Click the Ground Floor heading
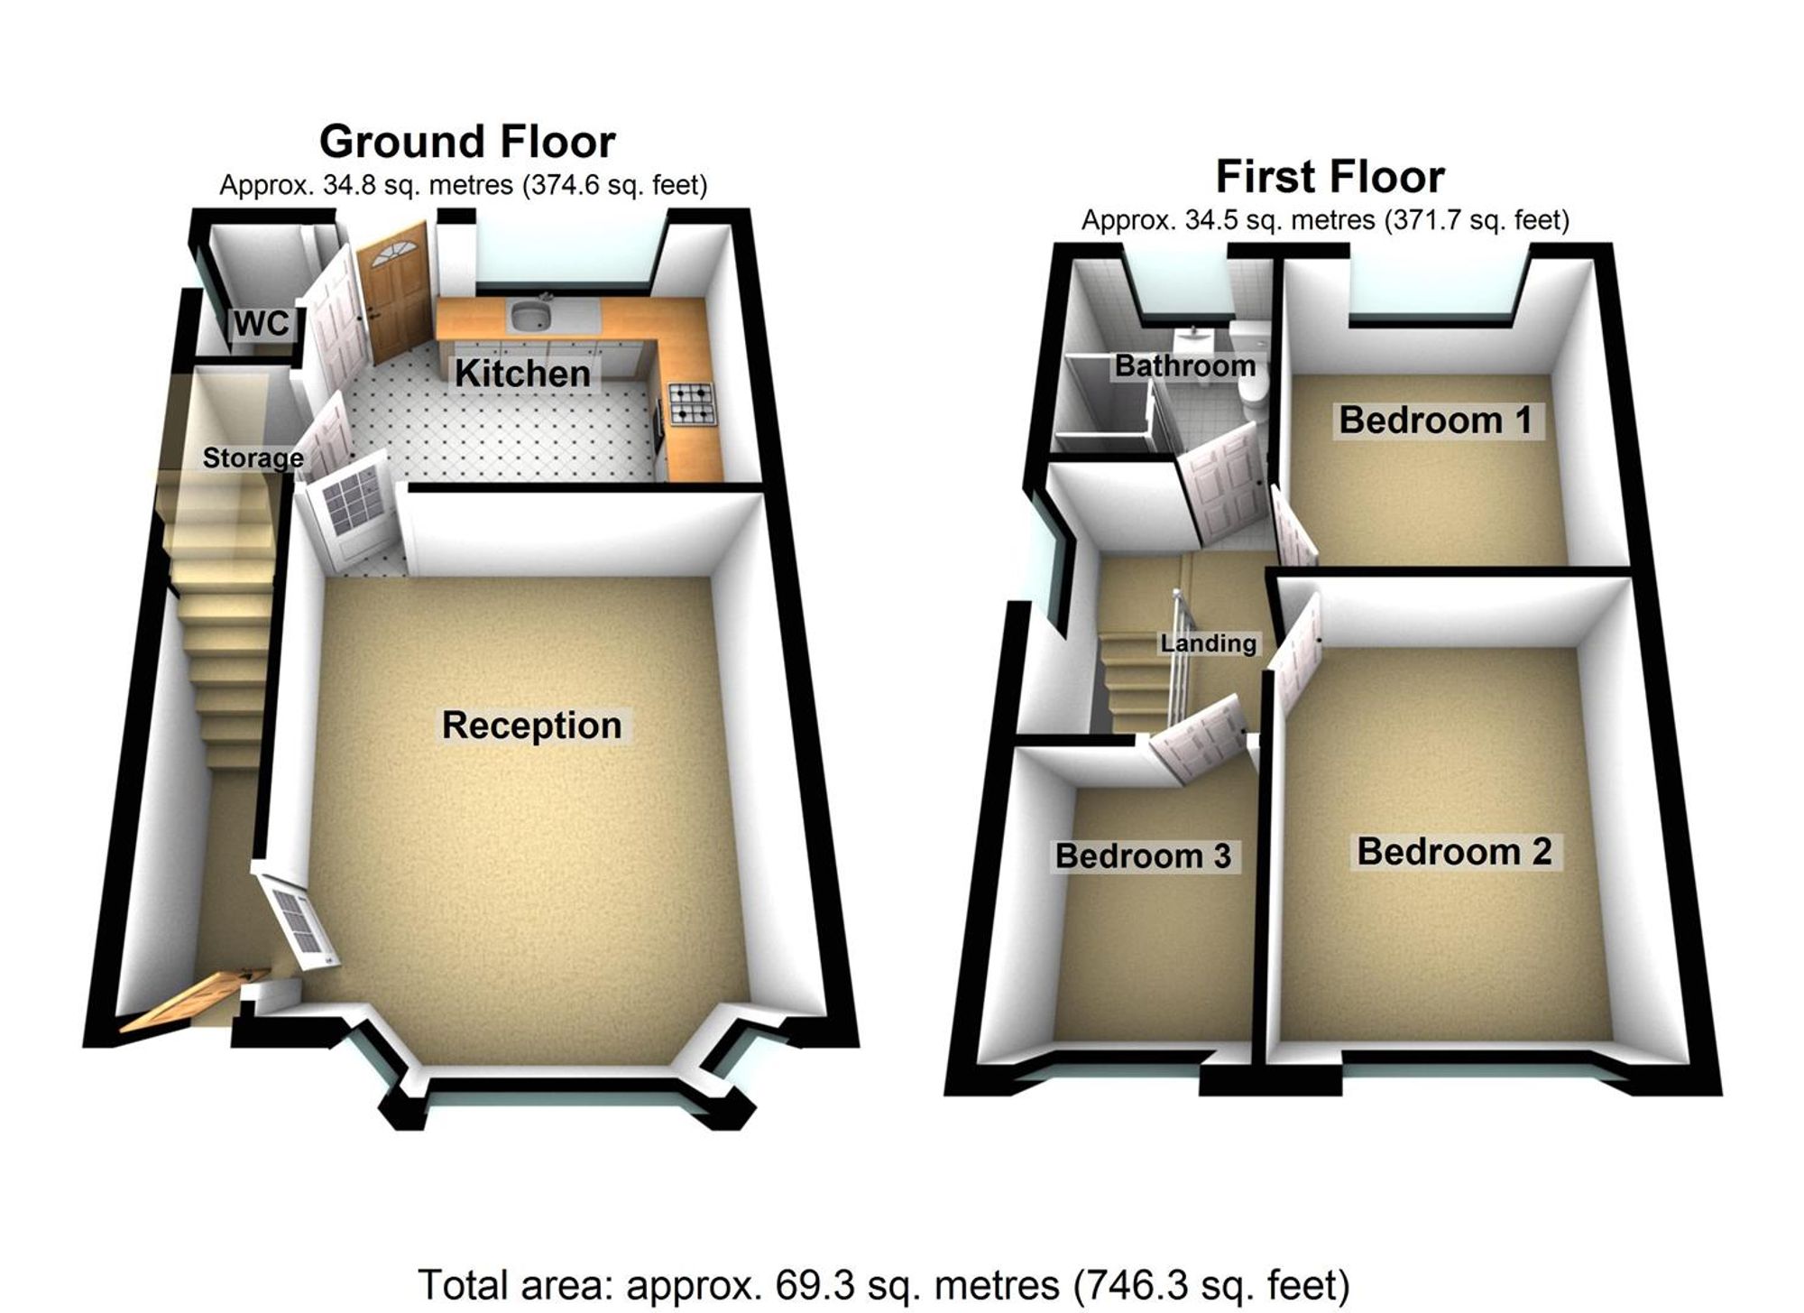point(467,142)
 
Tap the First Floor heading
point(1330,176)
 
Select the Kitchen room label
point(522,373)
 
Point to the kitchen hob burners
point(691,403)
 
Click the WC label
point(262,322)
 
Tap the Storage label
point(253,458)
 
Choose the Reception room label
point(531,725)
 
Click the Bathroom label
point(1184,365)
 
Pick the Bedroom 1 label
point(1435,420)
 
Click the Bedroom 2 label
point(1454,851)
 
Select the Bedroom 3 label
point(1143,855)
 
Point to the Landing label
point(1208,643)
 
